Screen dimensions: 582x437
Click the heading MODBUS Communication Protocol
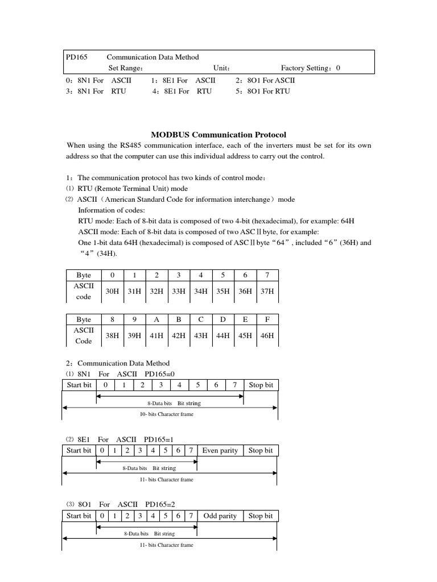(x=215, y=135)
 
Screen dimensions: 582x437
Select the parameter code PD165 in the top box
(x=76, y=57)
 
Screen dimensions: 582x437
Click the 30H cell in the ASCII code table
(x=113, y=290)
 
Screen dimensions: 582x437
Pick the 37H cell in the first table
(x=267, y=290)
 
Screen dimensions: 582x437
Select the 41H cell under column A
(x=156, y=335)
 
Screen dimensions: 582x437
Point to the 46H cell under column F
(x=267, y=335)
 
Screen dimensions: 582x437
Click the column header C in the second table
(x=200, y=319)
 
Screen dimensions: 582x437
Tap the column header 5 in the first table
(x=222, y=275)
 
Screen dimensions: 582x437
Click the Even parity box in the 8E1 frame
(x=220, y=451)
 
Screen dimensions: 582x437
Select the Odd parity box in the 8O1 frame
(x=220, y=516)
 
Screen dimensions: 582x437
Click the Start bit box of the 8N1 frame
(x=79, y=385)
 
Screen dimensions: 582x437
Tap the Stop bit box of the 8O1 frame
(x=261, y=516)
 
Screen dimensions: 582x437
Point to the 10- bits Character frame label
(x=166, y=414)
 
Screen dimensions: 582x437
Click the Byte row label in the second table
(x=84, y=319)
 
